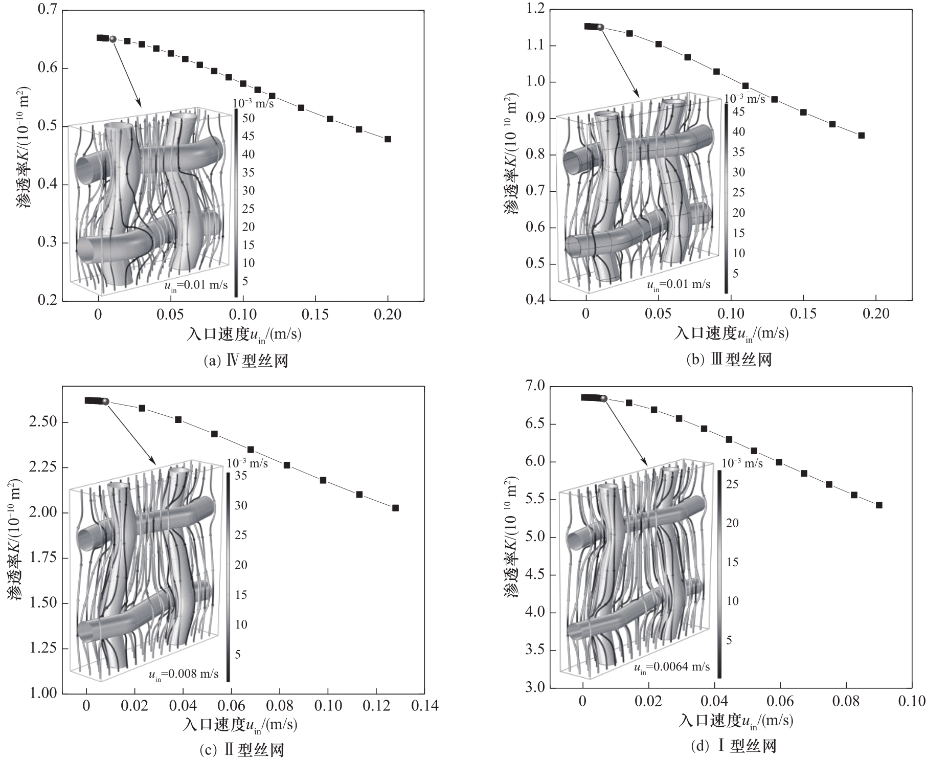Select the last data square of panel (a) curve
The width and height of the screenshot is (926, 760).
click(388, 139)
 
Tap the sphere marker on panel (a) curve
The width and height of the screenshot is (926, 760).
click(113, 39)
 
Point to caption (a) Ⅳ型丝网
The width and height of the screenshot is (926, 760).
click(246, 361)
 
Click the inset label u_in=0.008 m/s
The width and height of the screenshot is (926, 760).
click(184, 675)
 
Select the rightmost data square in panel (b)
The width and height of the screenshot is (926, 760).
click(861, 136)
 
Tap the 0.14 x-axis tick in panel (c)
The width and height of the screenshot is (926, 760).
click(424, 706)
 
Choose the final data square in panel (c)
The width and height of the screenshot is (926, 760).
click(395, 508)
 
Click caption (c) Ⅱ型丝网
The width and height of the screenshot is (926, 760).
click(241, 750)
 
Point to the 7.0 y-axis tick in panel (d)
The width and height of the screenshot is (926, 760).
click(534, 386)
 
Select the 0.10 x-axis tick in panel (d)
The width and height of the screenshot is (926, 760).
click(912, 701)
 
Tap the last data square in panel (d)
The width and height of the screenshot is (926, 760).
click(879, 505)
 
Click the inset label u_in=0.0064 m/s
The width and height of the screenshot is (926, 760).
click(672, 667)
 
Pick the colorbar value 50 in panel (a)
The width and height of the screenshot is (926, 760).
click(249, 119)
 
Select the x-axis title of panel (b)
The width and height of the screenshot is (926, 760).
click(731, 333)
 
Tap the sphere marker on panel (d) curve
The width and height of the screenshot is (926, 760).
click(603, 398)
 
